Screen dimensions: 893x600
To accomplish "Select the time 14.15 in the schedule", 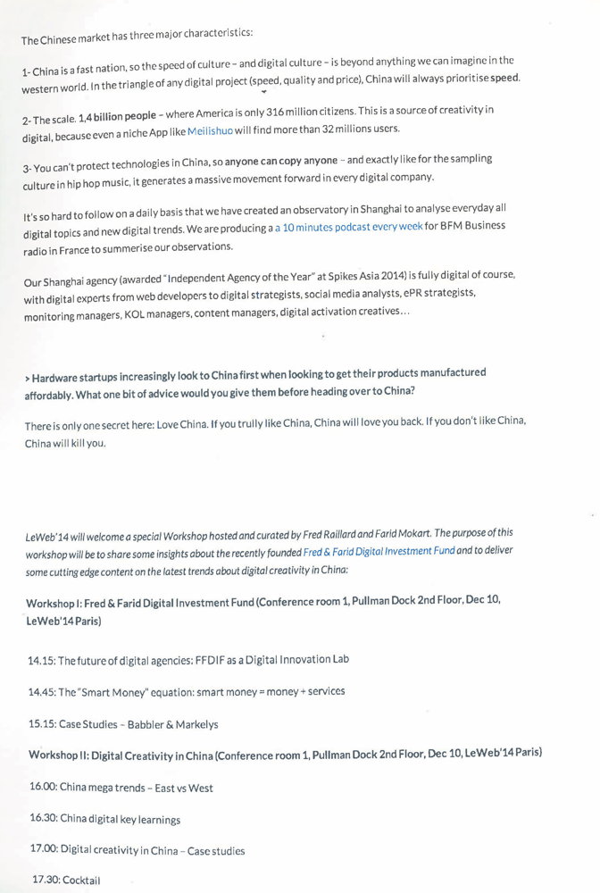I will [41, 660].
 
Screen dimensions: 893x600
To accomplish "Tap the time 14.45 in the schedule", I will [41, 691].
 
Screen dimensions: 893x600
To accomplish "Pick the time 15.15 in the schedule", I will [41, 723].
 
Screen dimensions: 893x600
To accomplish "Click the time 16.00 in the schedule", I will [43, 788].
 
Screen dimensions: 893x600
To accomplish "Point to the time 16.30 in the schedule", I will [44, 818].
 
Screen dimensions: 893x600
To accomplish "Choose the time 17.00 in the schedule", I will [46, 851].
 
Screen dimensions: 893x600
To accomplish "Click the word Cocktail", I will [81, 880].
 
